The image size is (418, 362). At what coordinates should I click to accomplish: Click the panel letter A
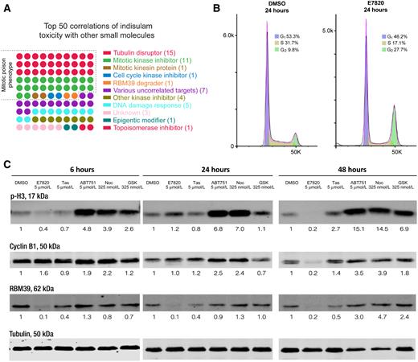pyautogui.click(x=6, y=6)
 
